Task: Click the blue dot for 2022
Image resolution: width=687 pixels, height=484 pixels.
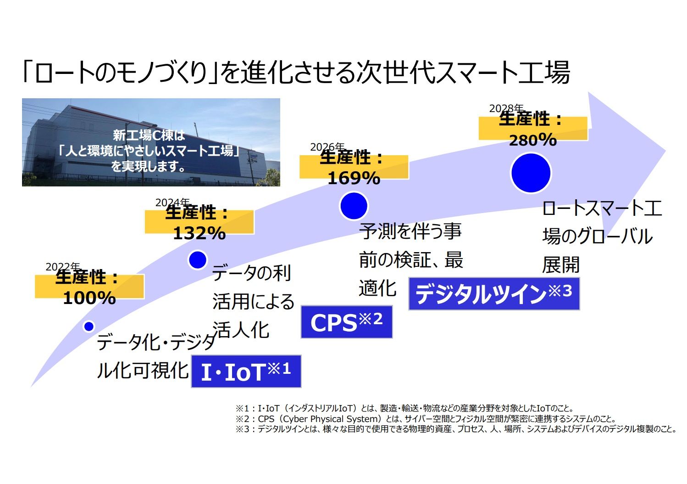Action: [x=89, y=326]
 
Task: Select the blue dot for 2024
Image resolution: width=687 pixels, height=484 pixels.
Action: [x=198, y=260]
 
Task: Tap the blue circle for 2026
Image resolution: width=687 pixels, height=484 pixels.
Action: [x=354, y=206]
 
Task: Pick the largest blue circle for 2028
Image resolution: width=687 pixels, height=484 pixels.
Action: [x=531, y=173]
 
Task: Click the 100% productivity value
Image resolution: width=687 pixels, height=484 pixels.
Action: [x=89, y=298]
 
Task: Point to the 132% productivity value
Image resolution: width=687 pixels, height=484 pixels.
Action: [x=199, y=233]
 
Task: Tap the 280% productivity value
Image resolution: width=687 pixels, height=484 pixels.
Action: [x=533, y=140]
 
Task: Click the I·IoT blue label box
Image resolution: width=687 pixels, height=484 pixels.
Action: [x=246, y=371]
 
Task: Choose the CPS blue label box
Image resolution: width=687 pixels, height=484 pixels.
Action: [x=347, y=321]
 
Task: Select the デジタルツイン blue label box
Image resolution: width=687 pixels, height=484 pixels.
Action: [x=494, y=293]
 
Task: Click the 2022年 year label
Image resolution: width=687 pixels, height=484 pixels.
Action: [x=63, y=267]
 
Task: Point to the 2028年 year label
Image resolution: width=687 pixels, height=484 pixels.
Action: [x=506, y=108]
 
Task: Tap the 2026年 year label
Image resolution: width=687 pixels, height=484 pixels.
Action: [x=327, y=147]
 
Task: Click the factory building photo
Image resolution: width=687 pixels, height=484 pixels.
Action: [x=151, y=142]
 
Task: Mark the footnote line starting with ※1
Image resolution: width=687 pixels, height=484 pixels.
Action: [x=404, y=408]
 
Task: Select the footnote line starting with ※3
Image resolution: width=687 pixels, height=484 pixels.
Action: [x=456, y=429]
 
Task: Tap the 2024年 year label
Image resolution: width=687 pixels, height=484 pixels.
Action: [x=173, y=203]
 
